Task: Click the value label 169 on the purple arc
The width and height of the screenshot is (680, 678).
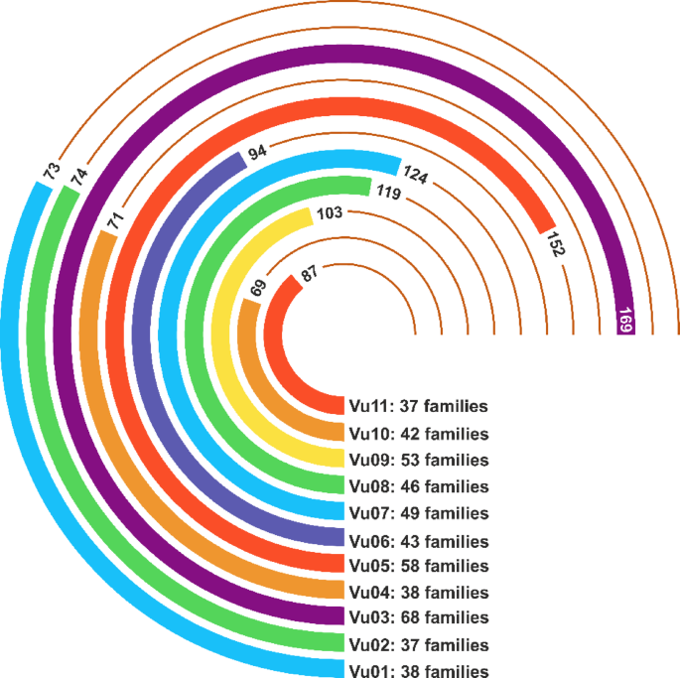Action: [x=625, y=320]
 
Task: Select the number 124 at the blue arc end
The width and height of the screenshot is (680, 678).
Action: [x=418, y=179]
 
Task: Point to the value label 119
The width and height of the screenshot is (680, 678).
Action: [x=386, y=193]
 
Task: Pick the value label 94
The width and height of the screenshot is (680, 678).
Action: [x=257, y=153]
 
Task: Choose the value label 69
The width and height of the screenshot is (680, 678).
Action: [x=259, y=289]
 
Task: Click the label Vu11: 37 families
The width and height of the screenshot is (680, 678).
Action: [x=418, y=406]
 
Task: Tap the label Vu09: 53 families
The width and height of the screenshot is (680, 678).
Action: [x=418, y=460]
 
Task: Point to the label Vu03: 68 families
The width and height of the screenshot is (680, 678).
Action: [x=418, y=617]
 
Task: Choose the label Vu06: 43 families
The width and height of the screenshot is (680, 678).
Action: [x=418, y=541]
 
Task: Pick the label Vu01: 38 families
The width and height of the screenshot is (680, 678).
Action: [x=418, y=671]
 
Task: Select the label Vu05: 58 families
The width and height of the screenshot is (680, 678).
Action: [x=418, y=566]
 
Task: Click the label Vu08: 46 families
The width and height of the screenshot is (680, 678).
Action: [x=418, y=486]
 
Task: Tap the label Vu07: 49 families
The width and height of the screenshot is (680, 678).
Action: [x=418, y=513]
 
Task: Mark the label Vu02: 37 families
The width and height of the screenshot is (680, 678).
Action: [x=418, y=644]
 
